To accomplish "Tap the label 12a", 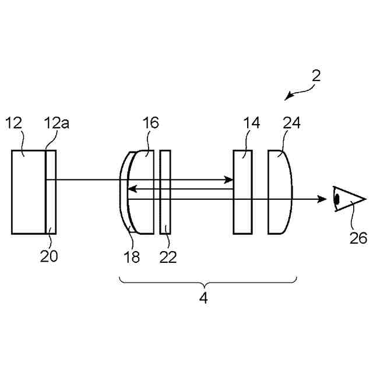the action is (x=54, y=123).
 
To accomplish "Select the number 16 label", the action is (x=150, y=123).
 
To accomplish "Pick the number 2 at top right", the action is (x=316, y=76).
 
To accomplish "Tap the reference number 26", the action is (x=358, y=238).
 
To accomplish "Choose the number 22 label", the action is (x=168, y=257).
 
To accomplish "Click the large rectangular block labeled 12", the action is (x=28, y=192).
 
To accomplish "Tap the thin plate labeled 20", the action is (x=51, y=192).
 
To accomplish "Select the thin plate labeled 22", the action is (x=165, y=192).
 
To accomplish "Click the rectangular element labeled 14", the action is (x=242, y=192).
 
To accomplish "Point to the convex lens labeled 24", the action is (x=280, y=192).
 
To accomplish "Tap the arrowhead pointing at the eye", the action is (x=322, y=199).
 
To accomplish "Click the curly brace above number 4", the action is (x=208, y=281).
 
